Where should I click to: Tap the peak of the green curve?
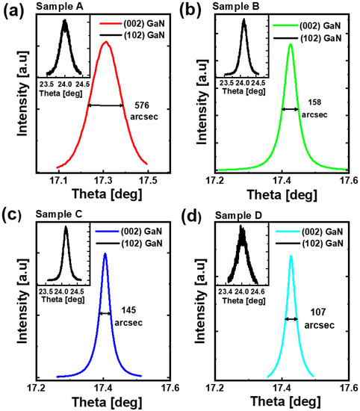click(x=290, y=44)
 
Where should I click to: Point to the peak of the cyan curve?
click(x=291, y=256)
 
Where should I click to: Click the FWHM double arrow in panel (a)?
click(x=106, y=105)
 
